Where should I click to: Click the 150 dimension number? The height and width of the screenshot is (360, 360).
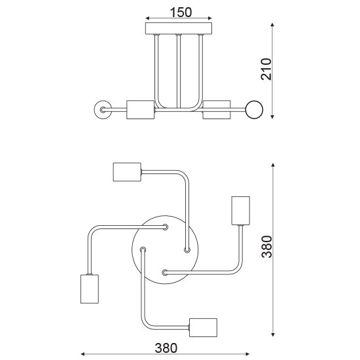(180, 12)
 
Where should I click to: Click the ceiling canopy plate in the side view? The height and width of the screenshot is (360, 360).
(179, 28)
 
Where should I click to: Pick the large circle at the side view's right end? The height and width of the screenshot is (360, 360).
(253, 110)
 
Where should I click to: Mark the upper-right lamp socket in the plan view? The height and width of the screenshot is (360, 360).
(242, 209)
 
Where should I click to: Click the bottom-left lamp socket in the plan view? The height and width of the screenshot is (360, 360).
(89, 289)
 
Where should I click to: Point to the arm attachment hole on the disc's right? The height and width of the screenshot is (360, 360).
(187, 249)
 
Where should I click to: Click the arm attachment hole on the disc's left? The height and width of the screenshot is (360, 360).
(143, 249)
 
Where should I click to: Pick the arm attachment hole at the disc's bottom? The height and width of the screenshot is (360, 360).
(165, 271)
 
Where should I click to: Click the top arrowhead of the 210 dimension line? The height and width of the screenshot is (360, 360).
(272, 24)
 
